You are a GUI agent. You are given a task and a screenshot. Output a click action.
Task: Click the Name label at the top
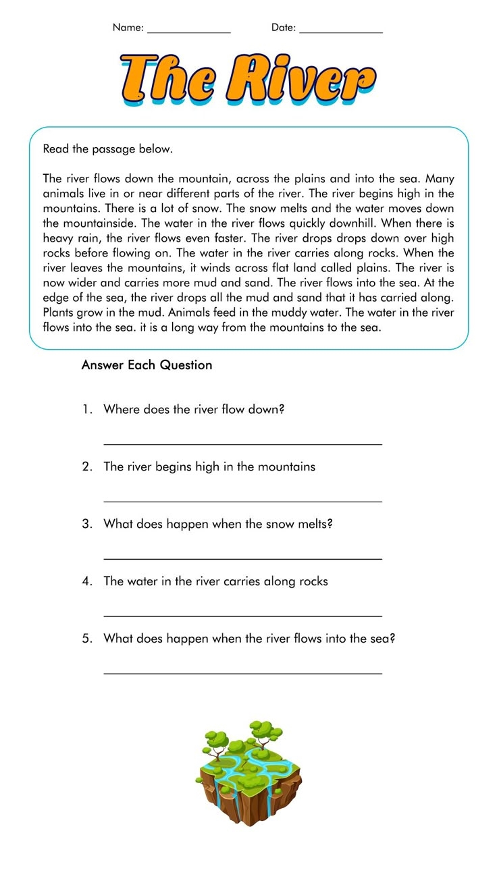(x=128, y=28)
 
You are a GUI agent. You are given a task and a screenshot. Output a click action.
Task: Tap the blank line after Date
(x=340, y=32)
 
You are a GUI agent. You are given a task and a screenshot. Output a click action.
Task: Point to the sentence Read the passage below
(x=108, y=149)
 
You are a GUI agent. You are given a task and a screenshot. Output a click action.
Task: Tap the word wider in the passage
(x=80, y=283)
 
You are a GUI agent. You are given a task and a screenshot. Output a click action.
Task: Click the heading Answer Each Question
(x=147, y=365)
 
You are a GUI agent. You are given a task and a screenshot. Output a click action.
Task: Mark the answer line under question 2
(x=242, y=502)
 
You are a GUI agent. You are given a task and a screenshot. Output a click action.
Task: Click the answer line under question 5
(x=242, y=674)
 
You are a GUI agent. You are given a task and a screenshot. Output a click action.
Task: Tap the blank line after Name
(x=188, y=32)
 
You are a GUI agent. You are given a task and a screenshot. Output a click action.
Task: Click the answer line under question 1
(x=242, y=444)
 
